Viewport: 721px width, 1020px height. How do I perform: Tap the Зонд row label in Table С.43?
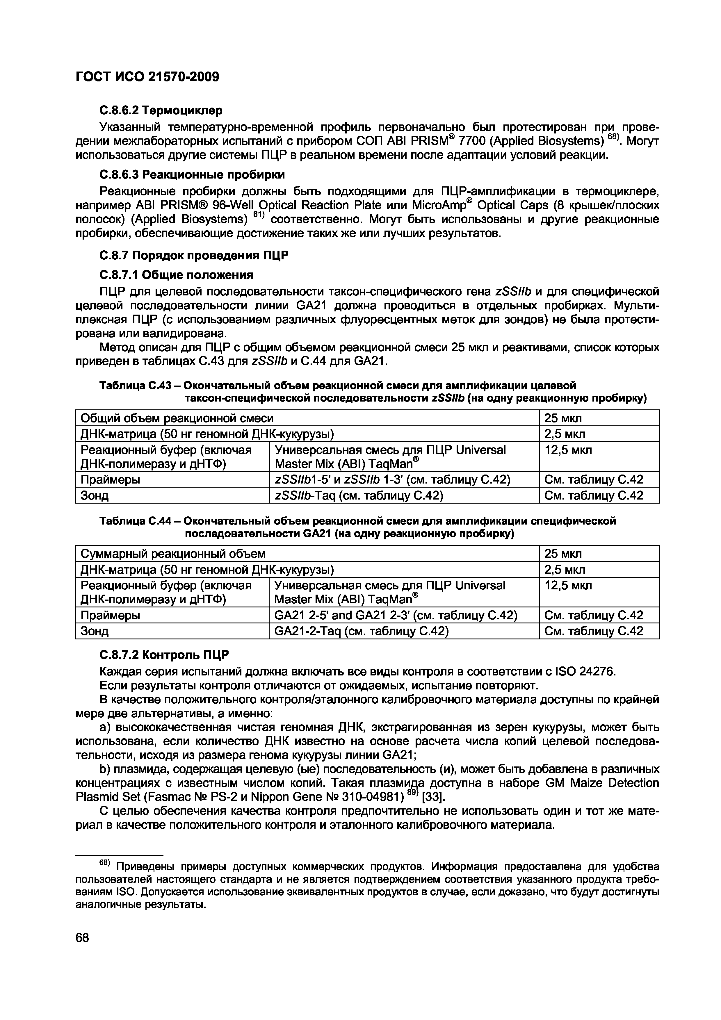[94, 495]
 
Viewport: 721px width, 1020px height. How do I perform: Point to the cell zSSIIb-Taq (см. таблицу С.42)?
[359, 495]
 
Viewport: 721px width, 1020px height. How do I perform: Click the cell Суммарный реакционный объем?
[173, 554]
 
